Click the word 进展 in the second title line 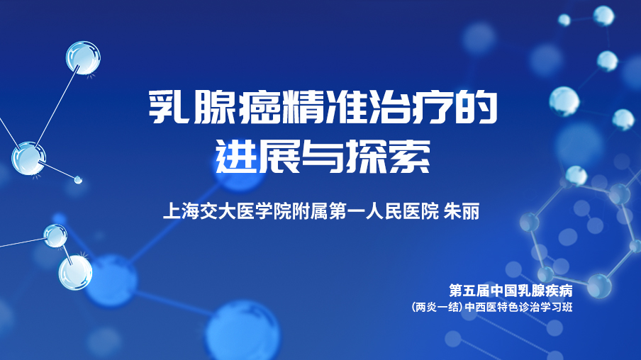point(257,157)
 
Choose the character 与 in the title point(323,157)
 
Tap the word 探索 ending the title point(388,157)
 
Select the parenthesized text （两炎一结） point(437,307)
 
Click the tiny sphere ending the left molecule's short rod point(78,179)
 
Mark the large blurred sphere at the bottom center point(243,331)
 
